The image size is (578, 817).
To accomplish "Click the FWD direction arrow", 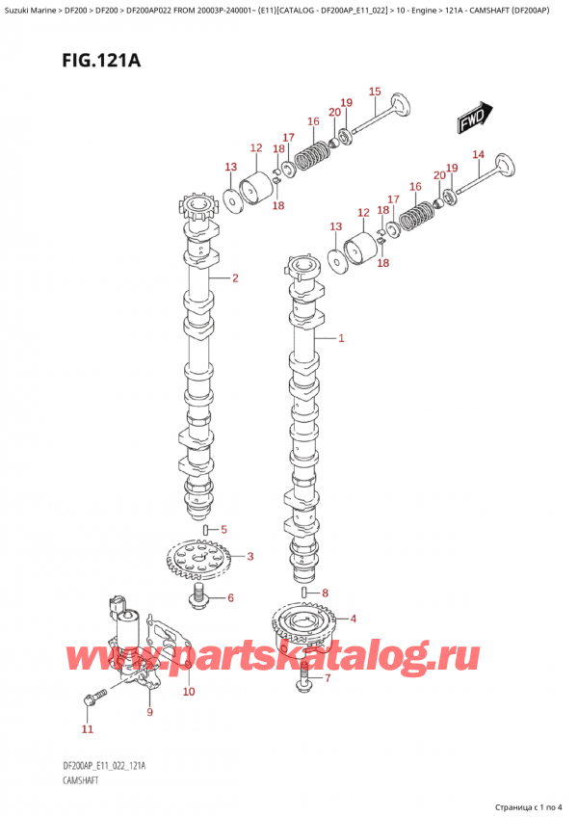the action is [x=475, y=118].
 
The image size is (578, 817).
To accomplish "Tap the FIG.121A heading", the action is [x=101, y=61].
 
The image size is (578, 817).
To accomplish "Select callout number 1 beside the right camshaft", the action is [x=341, y=338].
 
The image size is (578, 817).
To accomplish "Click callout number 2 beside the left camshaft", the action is [x=235, y=278].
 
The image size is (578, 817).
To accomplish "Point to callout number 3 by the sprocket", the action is [x=250, y=557].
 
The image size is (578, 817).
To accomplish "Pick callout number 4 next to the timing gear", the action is [x=354, y=619].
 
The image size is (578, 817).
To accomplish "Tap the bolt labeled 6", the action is [x=198, y=595].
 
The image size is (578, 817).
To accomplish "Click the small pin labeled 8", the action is [x=304, y=592].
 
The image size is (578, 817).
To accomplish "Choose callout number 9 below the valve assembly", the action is [x=150, y=712].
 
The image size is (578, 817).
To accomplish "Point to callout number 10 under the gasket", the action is [x=189, y=692].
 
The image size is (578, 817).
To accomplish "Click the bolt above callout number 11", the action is [x=93, y=698].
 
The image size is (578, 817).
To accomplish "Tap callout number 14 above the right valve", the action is [x=478, y=154].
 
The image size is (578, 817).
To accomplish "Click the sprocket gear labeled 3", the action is [x=198, y=560].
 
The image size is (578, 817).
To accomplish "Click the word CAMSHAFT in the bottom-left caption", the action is [x=80, y=780].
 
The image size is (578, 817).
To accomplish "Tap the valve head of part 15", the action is [x=399, y=104].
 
